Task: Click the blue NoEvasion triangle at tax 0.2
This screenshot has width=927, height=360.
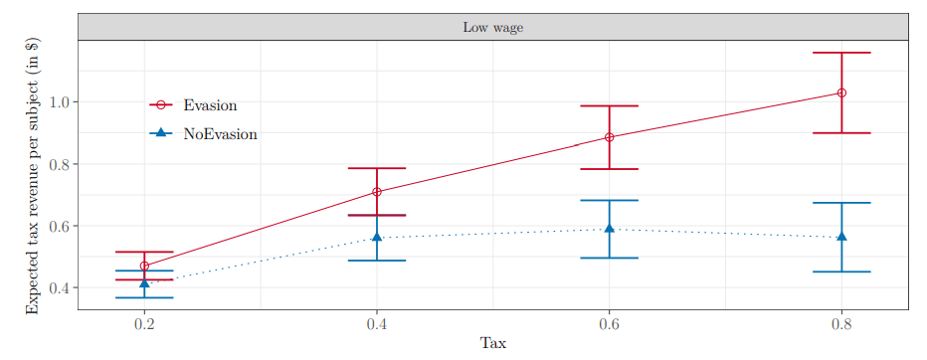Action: pos(144,283)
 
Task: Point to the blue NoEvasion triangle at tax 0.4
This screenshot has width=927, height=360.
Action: pos(377,237)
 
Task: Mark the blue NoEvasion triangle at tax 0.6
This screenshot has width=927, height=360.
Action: pos(609,228)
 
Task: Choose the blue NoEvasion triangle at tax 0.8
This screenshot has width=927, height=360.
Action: pos(841,237)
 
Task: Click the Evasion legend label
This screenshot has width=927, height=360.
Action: pos(210,105)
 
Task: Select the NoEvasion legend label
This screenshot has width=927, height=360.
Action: pos(220,134)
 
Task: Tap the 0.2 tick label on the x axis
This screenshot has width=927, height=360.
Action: pos(144,324)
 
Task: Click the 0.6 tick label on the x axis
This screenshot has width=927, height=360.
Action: pos(609,324)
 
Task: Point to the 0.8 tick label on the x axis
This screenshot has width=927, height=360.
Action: pos(841,324)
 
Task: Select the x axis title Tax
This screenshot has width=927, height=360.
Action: pos(492,343)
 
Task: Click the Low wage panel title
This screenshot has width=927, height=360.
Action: pos(492,27)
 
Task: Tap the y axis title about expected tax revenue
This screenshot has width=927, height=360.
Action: pos(33,175)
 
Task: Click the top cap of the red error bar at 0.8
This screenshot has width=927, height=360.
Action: pos(841,53)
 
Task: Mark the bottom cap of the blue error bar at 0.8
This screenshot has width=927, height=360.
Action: pos(841,271)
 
